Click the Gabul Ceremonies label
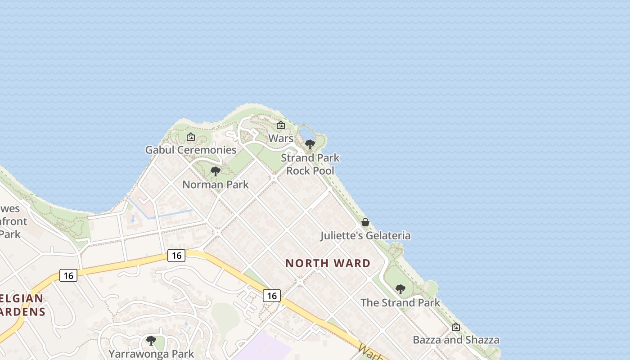coord(191,150)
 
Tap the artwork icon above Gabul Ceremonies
coord(191,136)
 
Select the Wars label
coord(281,138)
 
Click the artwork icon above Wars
coord(281,125)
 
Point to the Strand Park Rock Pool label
coord(310,164)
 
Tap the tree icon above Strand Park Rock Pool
coord(310,144)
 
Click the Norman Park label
coord(216,184)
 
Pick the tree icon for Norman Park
coord(216,171)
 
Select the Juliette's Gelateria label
coord(365,235)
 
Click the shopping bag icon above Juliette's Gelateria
coord(365,222)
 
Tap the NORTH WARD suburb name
coord(328,263)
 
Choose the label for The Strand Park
coord(400,302)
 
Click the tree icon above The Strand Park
coord(400,289)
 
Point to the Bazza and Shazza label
coord(456,340)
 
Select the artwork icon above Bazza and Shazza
coord(456,327)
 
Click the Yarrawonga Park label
coord(151,354)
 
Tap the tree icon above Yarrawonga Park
coord(151,341)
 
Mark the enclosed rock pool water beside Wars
coord(306,133)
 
